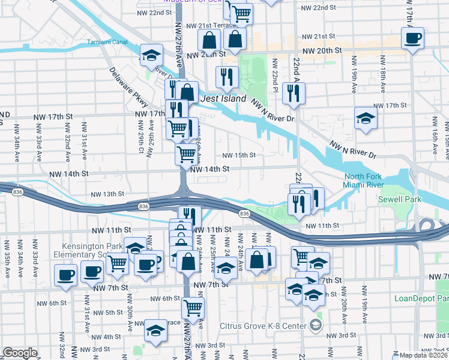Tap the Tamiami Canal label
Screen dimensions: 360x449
click(108, 42)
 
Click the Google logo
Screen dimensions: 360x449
click(20, 353)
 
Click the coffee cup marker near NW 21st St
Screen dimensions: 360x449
click(412, 38)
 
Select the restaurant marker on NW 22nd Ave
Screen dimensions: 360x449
click(294, 93)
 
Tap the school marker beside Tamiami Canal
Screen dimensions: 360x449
click(152, 55)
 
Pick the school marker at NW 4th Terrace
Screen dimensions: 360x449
click(155, 330)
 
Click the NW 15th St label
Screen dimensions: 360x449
click(239, 155)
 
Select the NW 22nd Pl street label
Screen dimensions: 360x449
click(274, 76)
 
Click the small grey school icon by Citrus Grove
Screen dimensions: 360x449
click(315, 325)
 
